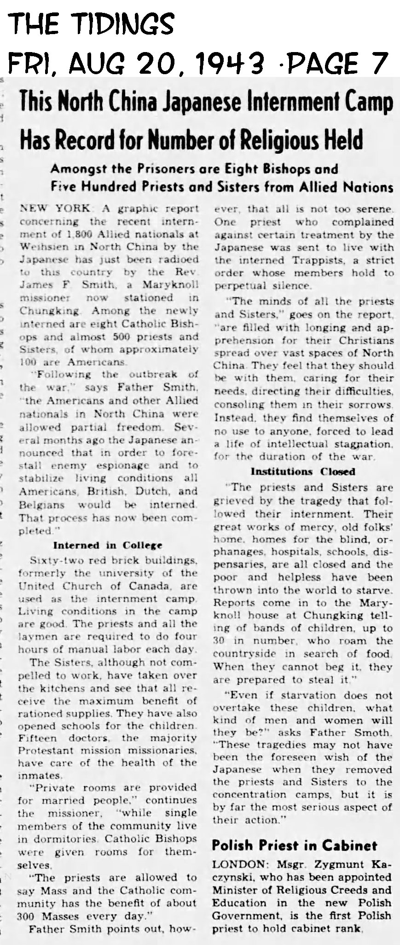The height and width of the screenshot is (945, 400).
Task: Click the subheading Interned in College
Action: [x=108, y=545]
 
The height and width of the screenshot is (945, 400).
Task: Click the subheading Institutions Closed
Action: [x=302, y=471]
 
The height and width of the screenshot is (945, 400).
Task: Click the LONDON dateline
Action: [x=235, y=864]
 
